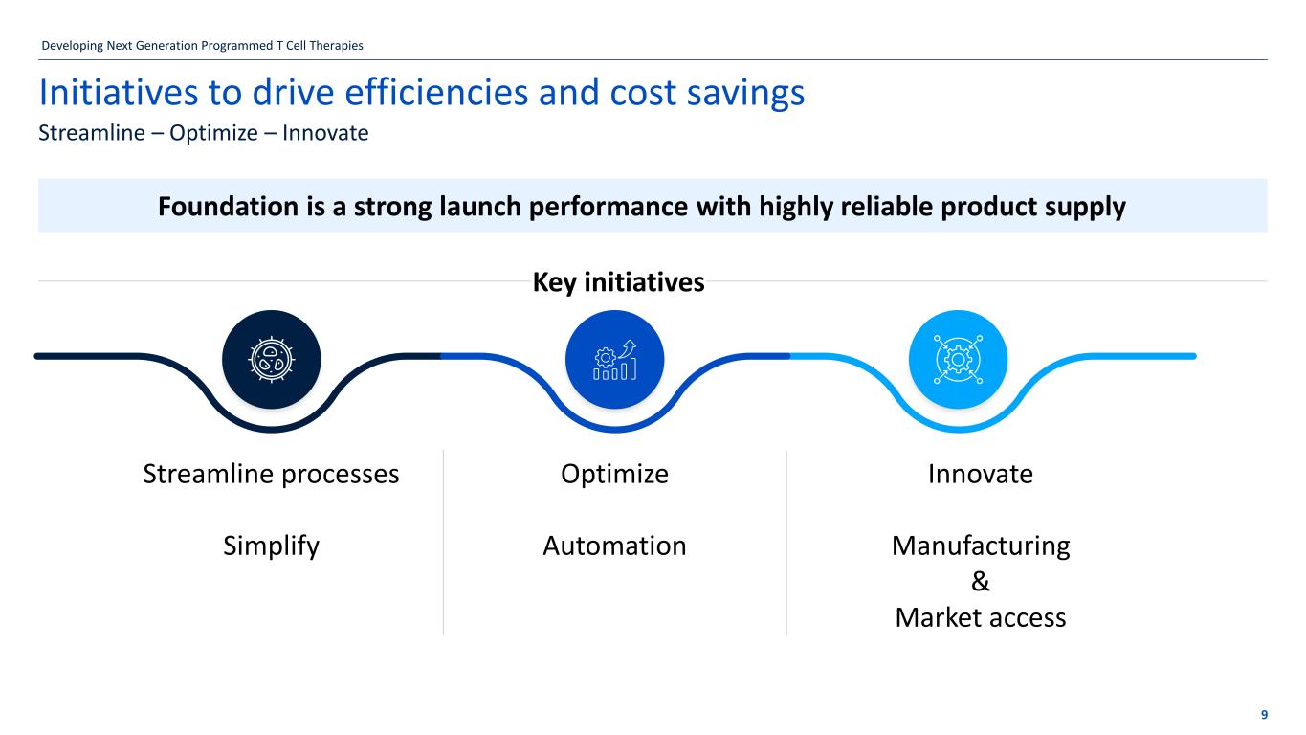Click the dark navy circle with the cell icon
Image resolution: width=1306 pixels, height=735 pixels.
pyautogui.click(x=272, y=360)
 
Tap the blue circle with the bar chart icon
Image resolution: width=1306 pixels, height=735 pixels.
pyautogui.click(x=615, y=360)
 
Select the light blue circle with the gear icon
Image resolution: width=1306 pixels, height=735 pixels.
pyautogui.click(x=958, y=360)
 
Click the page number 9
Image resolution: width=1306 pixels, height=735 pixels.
pyautogui.click(x=1264, y=715)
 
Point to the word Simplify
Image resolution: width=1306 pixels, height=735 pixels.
pyautogui.click(x=271, y=546)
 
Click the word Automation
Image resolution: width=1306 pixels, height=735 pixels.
pyautogui.click(x=614, y=546)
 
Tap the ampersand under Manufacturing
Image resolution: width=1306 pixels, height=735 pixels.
pyautogui.click(x=981, y=582)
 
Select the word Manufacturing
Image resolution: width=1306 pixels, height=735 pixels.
pyautogui.click(x=981, y=546)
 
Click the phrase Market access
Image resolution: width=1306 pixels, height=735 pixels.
pyautogui.click(x=981, y=618)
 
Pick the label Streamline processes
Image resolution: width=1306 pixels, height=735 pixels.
pyautogui.click(x=271, y=475)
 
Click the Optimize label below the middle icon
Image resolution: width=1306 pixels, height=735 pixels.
pyautogui.click(x=614, y=475)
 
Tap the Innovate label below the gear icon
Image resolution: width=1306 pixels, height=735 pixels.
pyautogui.click(x=981, y=475)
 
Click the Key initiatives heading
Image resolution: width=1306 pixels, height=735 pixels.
pyautogui.click(x=617, y=282)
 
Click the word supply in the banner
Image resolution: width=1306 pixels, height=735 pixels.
pyautogui.click(x=1085, y=206)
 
